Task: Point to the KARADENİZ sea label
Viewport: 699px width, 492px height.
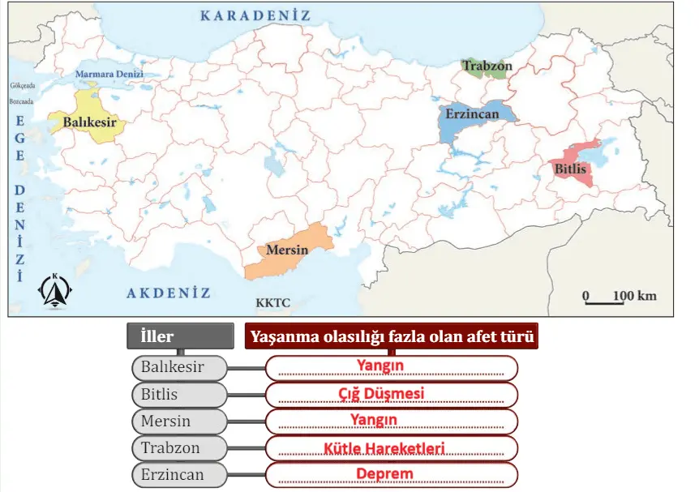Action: (x=256, y=15)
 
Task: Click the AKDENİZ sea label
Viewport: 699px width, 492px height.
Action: (x=168, y=293)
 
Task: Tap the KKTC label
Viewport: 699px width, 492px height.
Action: (x=272, y=303)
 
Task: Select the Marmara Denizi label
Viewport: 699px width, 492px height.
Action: (x=109, y=74)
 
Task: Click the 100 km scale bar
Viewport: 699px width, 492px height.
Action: (x=620, y=297)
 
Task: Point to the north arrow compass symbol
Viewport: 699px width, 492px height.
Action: (x=56, y=291)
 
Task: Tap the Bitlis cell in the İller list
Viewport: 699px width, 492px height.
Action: (x=179, y=395)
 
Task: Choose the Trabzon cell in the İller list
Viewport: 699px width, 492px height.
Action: (x=179, y=447)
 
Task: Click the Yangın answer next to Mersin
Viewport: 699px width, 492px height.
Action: (x=374, y=420)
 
